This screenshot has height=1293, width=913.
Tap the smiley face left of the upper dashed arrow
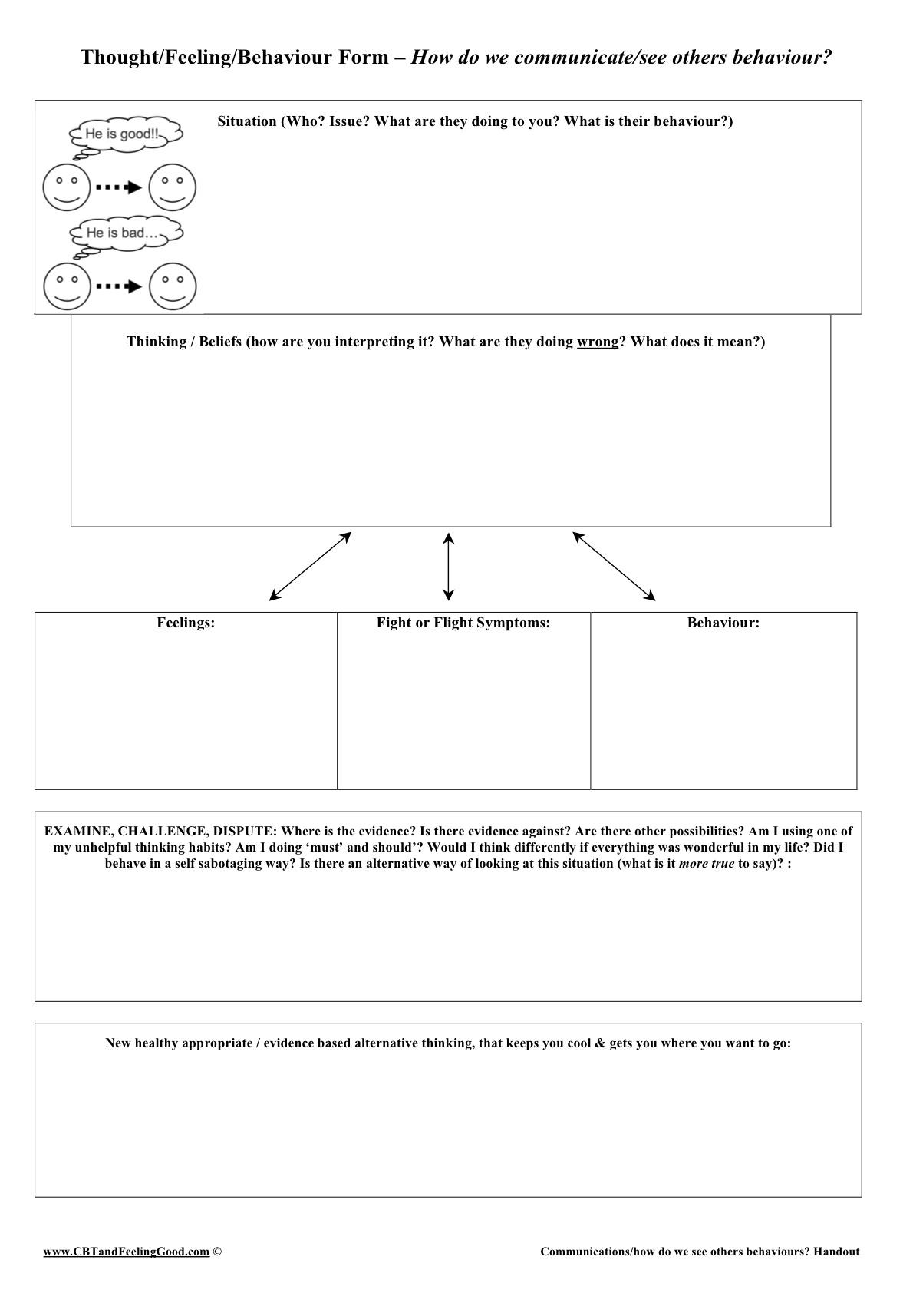[67, 187]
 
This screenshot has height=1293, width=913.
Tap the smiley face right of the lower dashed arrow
[173, 286]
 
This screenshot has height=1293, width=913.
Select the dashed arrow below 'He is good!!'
[119, 187]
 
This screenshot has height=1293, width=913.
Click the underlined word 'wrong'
[597, 342]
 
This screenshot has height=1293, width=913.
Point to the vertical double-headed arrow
[449, 567]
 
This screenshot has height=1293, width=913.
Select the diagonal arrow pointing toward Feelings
[310, 567]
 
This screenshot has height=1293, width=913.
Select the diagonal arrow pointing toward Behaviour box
[614, 567]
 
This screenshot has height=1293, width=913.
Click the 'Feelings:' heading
[186, 623]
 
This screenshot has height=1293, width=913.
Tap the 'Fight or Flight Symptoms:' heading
[463, 623]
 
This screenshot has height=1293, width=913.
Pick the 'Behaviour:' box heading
[723, 623]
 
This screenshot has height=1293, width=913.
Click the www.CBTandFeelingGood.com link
[127, 1252]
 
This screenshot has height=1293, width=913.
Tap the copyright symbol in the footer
[217, 1252]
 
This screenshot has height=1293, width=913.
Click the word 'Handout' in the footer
[836, 1252]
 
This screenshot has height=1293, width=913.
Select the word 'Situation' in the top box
[246, 121]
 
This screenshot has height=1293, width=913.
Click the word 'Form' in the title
[371, 58]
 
